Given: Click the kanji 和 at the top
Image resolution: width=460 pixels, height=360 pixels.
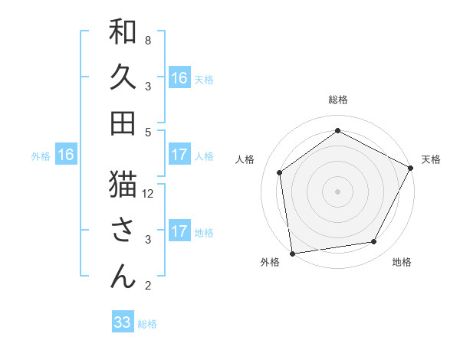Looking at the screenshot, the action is [x=123, y=32].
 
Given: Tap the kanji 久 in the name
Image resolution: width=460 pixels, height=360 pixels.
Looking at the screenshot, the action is [x=123, y=77].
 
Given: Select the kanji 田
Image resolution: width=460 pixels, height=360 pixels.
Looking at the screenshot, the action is [x=123, y=123].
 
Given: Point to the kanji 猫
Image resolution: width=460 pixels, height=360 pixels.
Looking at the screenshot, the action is [x=123, y=185].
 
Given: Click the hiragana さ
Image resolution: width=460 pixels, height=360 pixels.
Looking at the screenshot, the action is [x=123, y=231].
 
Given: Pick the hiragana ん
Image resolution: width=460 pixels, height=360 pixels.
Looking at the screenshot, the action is [x=123, y=277].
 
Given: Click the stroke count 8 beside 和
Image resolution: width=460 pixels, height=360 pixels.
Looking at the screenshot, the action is [x=147, y=40].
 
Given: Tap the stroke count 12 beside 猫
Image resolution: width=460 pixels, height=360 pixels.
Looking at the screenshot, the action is [x=149, y=193].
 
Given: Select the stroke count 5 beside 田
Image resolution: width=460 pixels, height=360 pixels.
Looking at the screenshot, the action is [x=147, y=132].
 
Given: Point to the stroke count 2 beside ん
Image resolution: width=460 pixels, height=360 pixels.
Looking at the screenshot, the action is [x=147, y=286].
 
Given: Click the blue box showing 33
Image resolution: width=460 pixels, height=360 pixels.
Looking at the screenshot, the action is [x=123, y=322].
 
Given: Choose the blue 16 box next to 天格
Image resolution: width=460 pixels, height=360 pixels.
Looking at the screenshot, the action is [x=179, y=77].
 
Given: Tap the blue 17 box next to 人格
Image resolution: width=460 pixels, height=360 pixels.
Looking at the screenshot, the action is [x=179, y=154].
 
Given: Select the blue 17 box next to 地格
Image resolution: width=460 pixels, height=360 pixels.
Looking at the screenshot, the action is [x=179, y=231].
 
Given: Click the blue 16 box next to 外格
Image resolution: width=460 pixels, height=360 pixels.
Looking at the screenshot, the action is [x=66, y=155].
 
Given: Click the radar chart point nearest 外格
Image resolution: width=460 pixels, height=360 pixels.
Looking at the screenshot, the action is [x=292, y=253].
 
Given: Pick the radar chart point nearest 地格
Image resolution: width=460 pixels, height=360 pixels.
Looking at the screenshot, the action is [x=374, y=242].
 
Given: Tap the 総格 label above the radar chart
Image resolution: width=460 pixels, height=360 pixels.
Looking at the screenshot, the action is [x=337, y=100].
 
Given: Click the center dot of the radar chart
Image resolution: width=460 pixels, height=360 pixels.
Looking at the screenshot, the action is [x=337, y=190].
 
